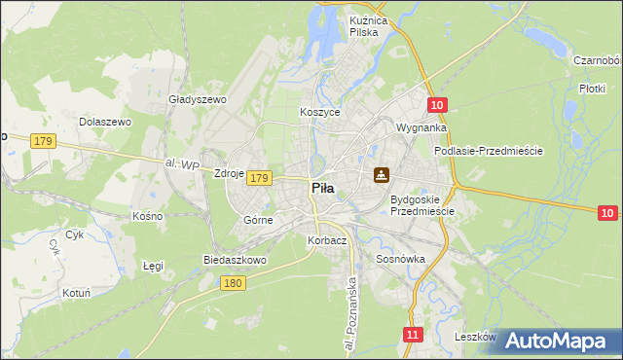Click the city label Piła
pyautogui.click(x=324, y=190)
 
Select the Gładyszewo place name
pyautogui.click(x=198, y=100)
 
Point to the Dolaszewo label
pyautogui.click(x=105, y=123)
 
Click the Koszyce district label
pyautogui.click(x=319, y=113)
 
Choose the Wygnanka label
pyautogui.click(x=421, y=127)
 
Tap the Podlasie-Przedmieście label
pyautogui.click(x=488, y=152)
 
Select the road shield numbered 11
pyautogui.click(x=414, y=335)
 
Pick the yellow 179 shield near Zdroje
pyautogui.click(x=258, y=178)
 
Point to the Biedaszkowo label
pyautogui.click(x=235, y=261)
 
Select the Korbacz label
pyautogui.click(x=326, y=240)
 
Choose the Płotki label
pyautogui.click(x=592, y=88)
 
